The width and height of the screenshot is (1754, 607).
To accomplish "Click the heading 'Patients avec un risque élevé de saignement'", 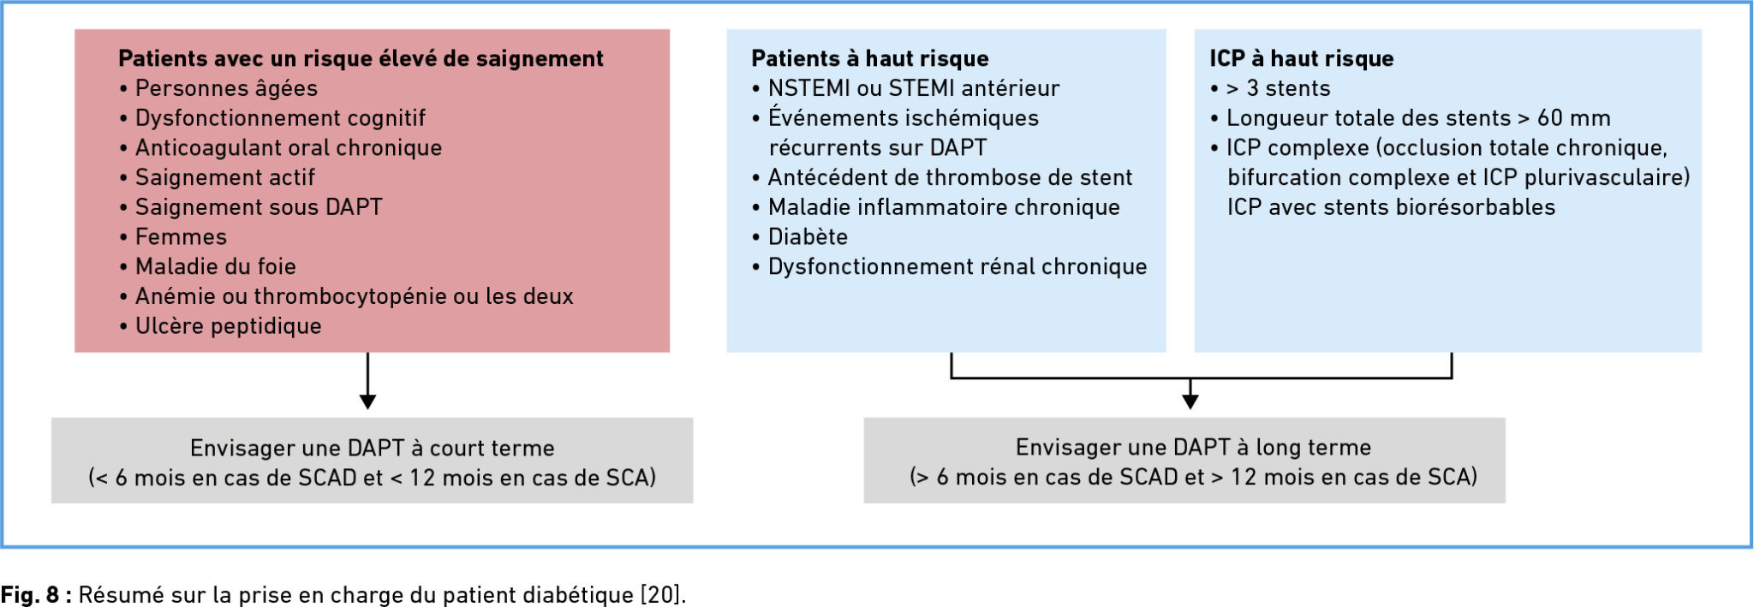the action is [361, 58].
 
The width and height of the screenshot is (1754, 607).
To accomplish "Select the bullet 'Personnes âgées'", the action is [218, 88].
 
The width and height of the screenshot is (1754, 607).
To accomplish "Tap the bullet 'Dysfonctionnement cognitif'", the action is [272, 118].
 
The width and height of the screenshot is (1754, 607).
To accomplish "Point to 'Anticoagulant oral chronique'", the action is [281, 147].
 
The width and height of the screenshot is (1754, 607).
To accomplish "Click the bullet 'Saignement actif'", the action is [218, 177].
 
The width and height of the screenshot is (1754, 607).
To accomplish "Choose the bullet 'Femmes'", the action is [173, 236].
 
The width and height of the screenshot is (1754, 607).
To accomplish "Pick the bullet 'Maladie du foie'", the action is [208, 266].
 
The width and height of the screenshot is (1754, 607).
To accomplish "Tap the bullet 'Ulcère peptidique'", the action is [220, 326].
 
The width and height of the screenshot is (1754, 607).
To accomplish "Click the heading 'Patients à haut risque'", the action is [870, 58].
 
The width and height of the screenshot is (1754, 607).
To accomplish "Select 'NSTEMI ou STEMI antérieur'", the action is [906, 88].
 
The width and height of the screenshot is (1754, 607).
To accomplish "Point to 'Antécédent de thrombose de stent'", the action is [942, 177].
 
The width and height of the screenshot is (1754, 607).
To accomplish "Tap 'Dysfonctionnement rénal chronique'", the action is [950, 266].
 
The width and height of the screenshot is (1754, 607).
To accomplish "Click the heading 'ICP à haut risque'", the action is [1302, 58].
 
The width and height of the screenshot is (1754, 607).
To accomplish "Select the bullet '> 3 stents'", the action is [1270, 88].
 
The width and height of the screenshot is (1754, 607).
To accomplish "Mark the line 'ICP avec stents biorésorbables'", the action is [1391, 207].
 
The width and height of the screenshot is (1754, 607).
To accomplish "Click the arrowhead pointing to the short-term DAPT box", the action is [367, 402].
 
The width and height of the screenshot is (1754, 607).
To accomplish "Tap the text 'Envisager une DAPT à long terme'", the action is [1193, 447].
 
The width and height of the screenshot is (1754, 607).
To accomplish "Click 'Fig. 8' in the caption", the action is [29, 595].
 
